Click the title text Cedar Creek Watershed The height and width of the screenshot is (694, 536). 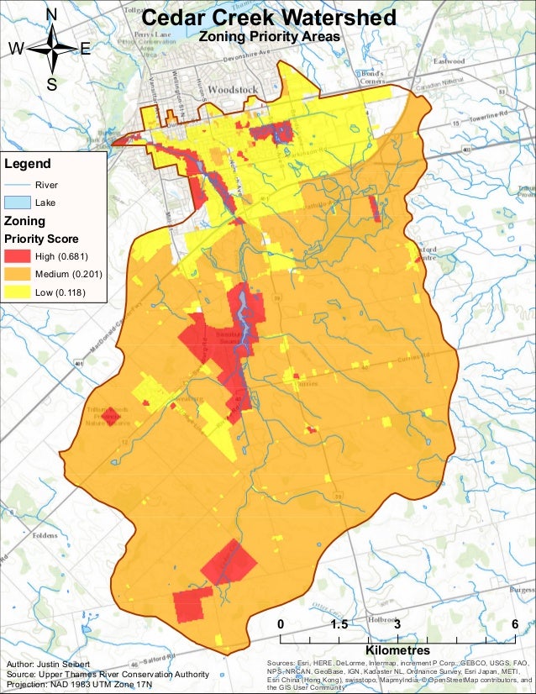tap(269, 18)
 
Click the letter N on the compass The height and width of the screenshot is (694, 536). tap(51, 14)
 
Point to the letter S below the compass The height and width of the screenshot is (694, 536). tap(51, 83)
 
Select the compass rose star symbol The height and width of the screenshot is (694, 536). tap(52, 49)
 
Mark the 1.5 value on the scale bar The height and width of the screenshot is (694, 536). tap(339, 624)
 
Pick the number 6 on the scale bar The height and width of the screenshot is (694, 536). tap(513, 624)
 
